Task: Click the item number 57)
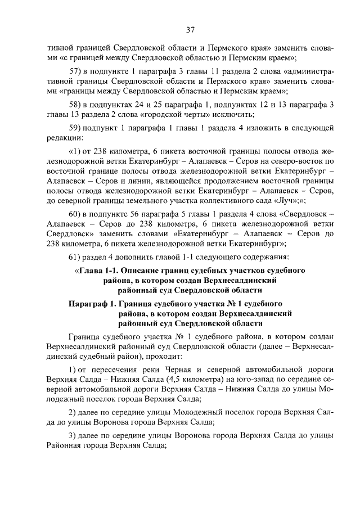pos(76,72)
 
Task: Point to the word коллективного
pos(219,200)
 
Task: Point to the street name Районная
pos(67,444)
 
